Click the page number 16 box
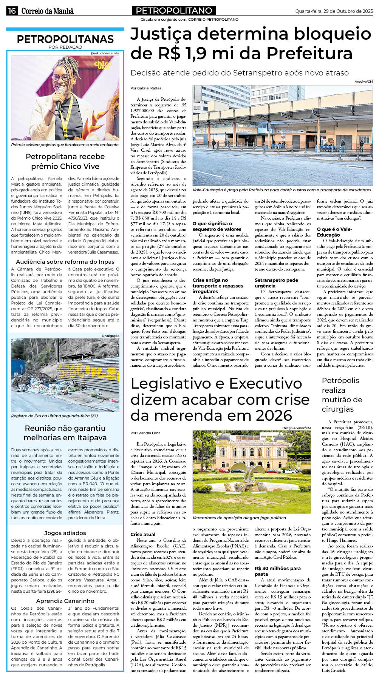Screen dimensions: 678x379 coord(12,11)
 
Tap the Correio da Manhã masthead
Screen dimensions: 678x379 coord(47,11)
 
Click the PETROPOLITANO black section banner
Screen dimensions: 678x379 coord(174,11)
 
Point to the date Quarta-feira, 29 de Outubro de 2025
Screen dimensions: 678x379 coord(334,11)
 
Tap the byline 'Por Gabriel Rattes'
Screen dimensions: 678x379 coord(145,88)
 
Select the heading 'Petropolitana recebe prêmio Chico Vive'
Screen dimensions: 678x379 coord(65,161)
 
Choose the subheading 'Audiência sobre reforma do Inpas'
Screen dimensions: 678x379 coord(65,261)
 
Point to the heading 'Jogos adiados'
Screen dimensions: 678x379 coord(65,533)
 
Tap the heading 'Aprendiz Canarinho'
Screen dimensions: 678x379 coord(65,601)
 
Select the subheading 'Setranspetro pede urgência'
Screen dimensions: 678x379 coord(276,283)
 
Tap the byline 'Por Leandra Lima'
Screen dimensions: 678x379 coord(145,433)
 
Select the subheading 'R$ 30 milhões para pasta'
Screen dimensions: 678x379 coord(278,571)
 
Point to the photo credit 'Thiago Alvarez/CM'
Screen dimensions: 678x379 coord(296,428)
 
